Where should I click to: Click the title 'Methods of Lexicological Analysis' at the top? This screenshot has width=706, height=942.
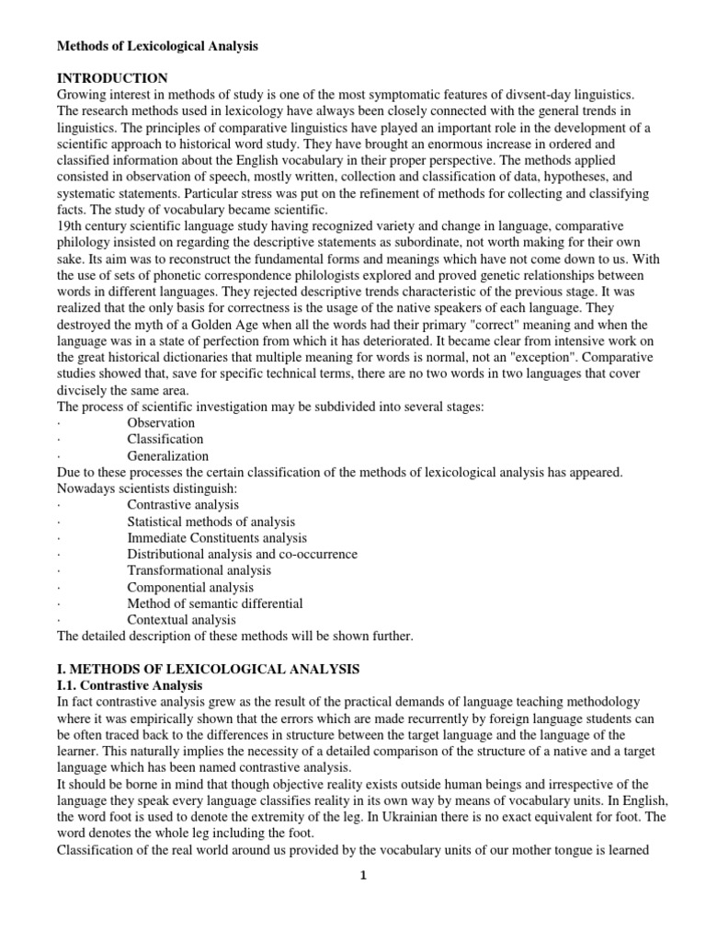pos(159,45)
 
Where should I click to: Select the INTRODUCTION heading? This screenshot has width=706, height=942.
pos(112,78)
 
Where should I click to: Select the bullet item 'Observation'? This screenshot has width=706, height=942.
pos(161,422)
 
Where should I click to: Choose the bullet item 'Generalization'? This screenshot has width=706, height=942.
pos(168,455)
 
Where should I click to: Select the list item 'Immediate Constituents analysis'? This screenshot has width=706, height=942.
pos(217,538)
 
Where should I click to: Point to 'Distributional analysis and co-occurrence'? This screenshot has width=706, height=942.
pos(243,555)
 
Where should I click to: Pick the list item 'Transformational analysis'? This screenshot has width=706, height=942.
pos(199,570)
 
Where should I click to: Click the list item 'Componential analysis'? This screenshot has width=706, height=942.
pos(190,587)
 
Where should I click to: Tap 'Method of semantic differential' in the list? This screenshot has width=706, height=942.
pos(215,603)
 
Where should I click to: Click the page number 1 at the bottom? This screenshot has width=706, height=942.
pos(364,876)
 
